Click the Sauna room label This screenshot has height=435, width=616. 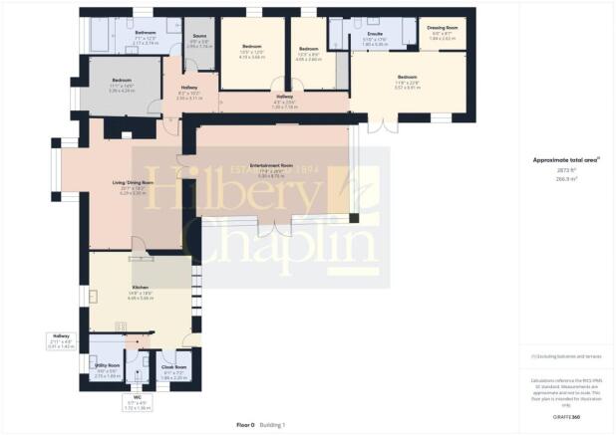coord(200,37)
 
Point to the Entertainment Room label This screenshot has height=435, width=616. coord(271,164)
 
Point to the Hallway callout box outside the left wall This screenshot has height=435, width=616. coord(61,341)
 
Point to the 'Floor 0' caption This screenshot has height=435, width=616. coord(245,425)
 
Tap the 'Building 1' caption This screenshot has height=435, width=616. coord(273,425)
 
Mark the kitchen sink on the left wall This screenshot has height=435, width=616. coord(94,296)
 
